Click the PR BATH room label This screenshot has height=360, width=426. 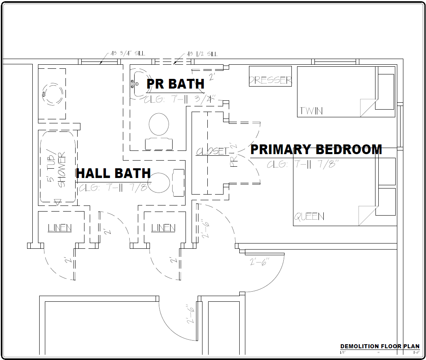tap(175, 84)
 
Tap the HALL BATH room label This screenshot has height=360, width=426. tap(113, 174)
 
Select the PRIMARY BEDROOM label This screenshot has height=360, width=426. tap(316, 150)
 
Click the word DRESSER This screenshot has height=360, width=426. tap(270, 80)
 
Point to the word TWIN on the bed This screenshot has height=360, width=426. tap(311, 110)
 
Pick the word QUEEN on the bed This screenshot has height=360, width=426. tap(309, 217)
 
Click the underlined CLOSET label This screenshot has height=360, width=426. tap(212, 151)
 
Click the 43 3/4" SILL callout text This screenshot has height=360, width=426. tap(127, 53)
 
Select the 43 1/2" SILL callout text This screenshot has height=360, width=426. tap(202, 54)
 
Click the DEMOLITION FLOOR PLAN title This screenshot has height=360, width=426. tap(380, 346)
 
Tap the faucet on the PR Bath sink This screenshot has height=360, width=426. tap(133, 84)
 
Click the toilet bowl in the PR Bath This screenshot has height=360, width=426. tap(159, 124)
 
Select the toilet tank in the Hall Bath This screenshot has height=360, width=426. tap(178, 183)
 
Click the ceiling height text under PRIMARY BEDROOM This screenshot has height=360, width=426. tap(302, 164)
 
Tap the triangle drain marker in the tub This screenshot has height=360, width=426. tap(58, 201)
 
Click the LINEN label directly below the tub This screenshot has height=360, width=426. tap(60, 228)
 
